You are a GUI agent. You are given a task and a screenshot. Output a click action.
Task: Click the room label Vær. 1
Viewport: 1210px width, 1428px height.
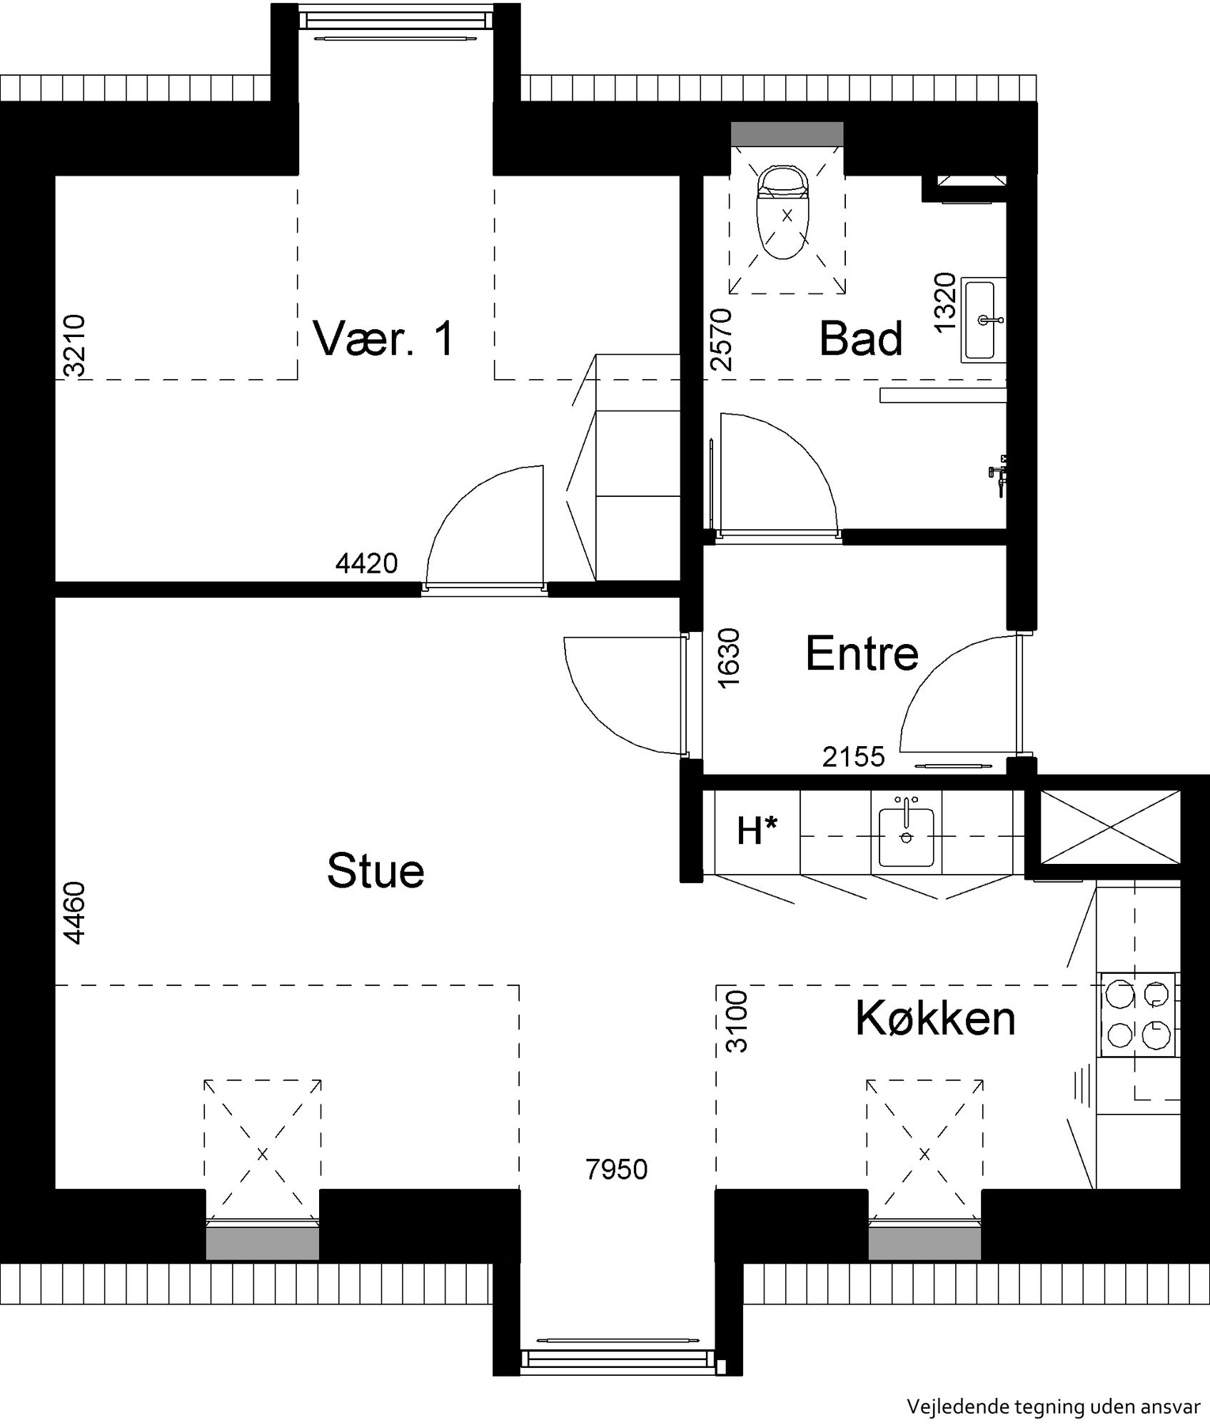[x=383, y=338]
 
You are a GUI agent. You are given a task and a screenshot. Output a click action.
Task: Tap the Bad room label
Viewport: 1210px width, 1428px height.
[x=860, y=338]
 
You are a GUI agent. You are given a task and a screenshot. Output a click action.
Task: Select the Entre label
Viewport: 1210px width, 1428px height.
[x=862, y=653]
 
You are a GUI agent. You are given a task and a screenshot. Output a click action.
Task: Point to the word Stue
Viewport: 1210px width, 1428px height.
[x=375, y=870]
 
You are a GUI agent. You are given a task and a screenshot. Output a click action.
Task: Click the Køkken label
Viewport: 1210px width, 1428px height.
[x=935, y=1018]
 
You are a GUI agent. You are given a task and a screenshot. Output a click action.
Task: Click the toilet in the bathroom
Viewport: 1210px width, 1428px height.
[x=786, y=212]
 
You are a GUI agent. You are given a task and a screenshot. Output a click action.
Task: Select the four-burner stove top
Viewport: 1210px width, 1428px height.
[x=1139, y=1014]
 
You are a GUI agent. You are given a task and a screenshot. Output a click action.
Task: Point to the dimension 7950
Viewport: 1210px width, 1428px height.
[x=617, y=1170]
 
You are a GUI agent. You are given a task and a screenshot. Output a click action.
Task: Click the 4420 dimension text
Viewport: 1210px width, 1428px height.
[x=366, y=563]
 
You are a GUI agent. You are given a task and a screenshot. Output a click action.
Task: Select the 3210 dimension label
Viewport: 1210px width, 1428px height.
[x=74, y=345]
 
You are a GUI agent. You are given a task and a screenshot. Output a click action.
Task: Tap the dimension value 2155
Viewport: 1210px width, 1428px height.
[x=853, y=756]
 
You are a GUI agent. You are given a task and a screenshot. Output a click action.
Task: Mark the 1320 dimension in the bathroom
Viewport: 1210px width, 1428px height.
[x=944, y=302]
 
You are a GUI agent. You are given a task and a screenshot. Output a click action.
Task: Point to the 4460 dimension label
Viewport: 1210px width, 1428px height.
[x=74, y=913]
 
